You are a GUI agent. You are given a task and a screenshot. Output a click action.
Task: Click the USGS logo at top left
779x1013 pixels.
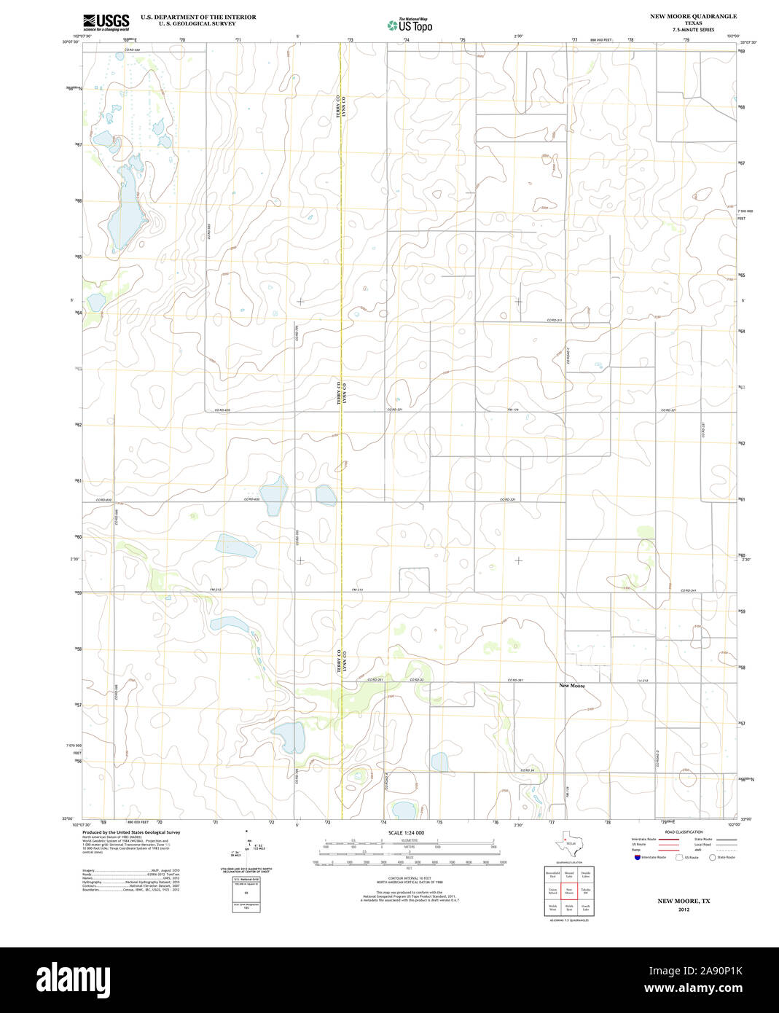point(106,22)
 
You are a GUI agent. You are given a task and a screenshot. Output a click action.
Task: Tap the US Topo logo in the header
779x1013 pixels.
point(410,26)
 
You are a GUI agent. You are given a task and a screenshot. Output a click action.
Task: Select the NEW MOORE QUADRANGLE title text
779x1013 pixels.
point(693,16)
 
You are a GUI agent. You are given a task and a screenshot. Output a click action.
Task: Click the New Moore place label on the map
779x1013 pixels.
point(571,686)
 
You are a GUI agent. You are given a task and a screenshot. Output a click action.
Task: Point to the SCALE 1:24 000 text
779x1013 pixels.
point(406,832)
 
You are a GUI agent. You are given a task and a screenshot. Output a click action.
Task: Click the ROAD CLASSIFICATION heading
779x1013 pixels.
point(684,832)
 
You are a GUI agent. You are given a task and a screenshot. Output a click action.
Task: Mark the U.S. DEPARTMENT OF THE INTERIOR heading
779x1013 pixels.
point(198,17)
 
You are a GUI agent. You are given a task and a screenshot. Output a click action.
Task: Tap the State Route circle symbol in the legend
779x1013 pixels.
point(712,858)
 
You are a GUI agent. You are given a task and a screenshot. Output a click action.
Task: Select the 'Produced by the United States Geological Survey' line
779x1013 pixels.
point(131,832)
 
